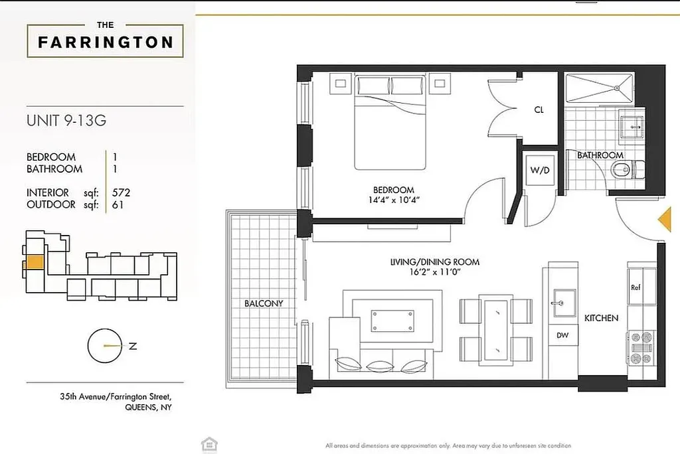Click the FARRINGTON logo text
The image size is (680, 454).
[105, 42]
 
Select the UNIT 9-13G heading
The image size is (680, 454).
[66, 121]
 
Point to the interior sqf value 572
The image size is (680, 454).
[121, 193]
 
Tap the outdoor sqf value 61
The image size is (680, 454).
[118, 205]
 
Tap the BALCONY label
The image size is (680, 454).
[264, 303]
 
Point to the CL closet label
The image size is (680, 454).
[539, 110]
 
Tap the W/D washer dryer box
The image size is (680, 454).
[539, 170]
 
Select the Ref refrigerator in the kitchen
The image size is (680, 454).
[636, 288]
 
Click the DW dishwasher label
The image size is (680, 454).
[562, 335]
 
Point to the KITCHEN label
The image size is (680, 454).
[601, 319]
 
